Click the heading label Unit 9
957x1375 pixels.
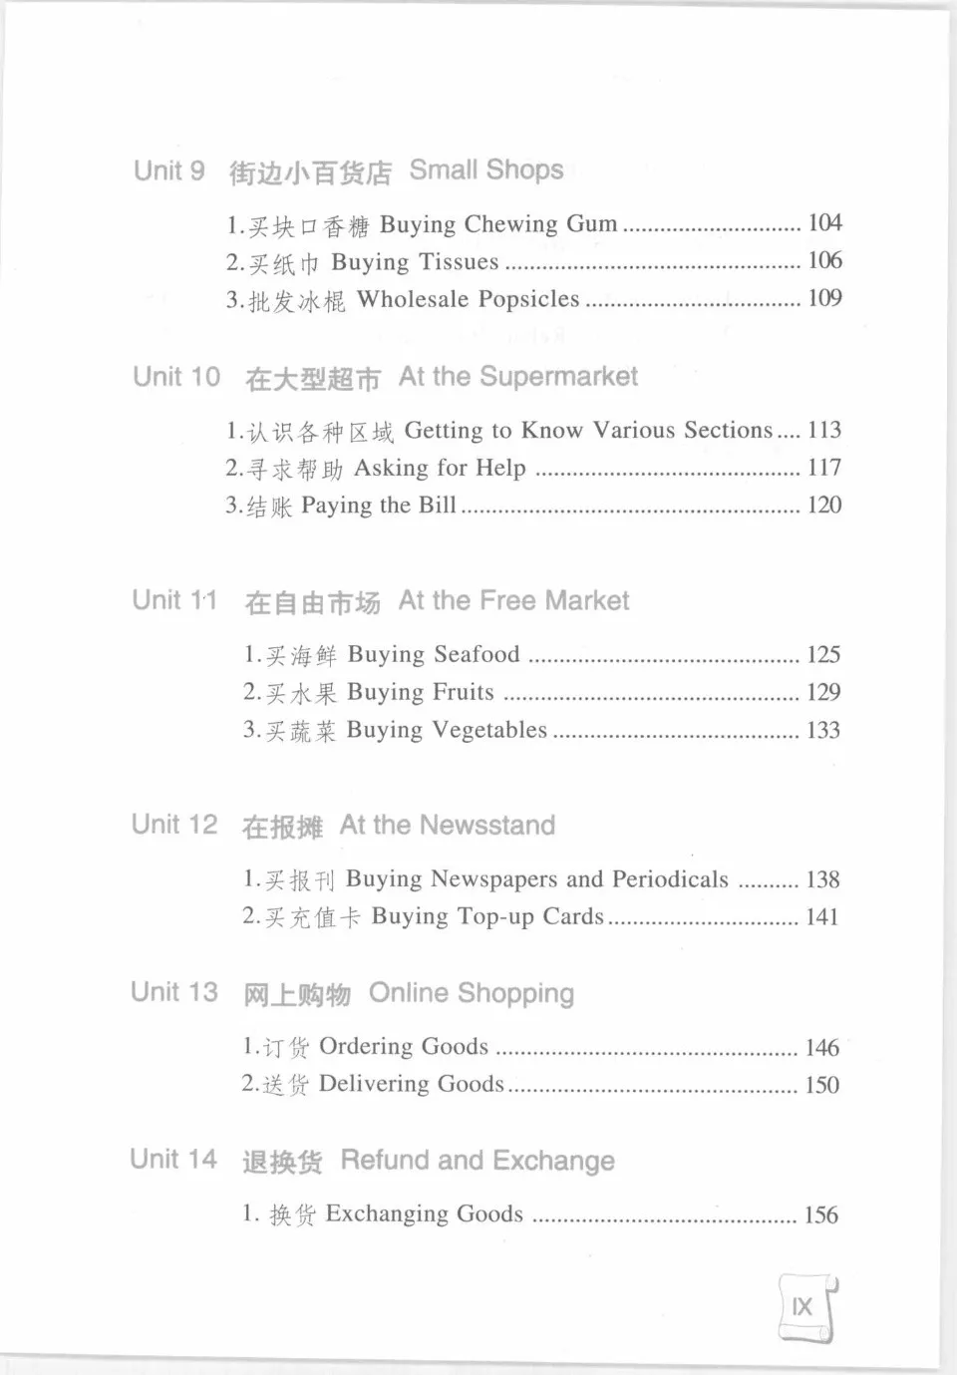point(168,171)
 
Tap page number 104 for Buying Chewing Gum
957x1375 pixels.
point(824,222)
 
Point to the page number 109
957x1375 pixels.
point(824,298)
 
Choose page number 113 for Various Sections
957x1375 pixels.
point(824,430)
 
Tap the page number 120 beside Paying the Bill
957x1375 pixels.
point(824,506)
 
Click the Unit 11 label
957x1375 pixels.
point(174,600)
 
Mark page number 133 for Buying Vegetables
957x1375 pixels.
point(823,730)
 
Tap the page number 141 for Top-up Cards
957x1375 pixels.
point(822,916)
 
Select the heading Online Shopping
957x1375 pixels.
point(472,993)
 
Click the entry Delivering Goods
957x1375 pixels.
point(411,1084)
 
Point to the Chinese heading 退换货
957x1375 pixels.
point(282,1162)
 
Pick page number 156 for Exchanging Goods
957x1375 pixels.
point(821,1214)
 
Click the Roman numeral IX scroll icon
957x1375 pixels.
point(805,1307)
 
